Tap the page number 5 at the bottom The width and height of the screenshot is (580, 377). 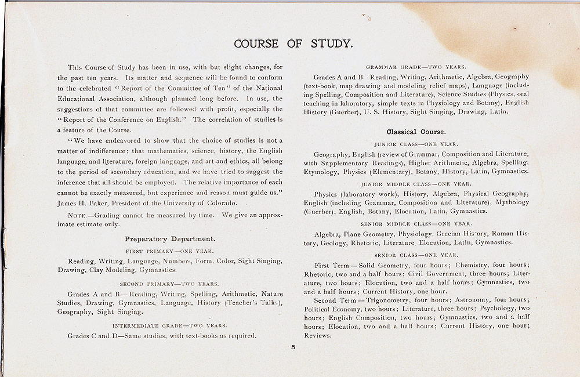click(293, 347)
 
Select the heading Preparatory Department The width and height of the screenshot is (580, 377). click(170, 238)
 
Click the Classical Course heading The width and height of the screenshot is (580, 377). click(416, 132)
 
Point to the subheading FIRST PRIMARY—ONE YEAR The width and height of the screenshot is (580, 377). click(170, 251)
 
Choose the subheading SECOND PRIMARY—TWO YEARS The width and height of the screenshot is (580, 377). click(170, 284)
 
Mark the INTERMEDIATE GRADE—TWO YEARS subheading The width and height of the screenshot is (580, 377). click(170, 325)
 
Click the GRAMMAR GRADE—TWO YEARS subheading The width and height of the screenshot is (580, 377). click(416, 67)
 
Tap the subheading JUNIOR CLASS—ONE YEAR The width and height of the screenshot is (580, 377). click(416, 144)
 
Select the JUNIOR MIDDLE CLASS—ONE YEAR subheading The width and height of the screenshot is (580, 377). click(416, 183)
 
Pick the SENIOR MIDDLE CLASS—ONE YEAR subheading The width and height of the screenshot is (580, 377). click(416, 223)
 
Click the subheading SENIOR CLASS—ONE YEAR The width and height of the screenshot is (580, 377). click(416, 255)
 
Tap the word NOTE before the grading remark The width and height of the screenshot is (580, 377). click(79, 215)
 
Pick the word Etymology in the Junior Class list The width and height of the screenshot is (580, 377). click(321, 172)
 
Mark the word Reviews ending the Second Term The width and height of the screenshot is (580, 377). click(317, 335)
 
